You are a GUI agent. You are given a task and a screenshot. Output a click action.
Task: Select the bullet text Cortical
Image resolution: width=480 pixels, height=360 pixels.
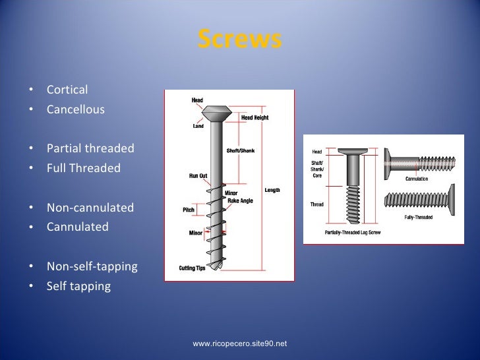click(x=67, y=90)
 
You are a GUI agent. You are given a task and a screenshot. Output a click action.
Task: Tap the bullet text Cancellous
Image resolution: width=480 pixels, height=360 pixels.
click(x=75, y=109)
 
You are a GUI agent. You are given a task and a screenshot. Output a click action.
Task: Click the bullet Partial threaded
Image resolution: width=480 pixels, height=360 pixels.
click(x=90, y=148)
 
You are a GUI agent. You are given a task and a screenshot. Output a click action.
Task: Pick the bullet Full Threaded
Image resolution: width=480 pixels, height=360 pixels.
click(x=84, y=168)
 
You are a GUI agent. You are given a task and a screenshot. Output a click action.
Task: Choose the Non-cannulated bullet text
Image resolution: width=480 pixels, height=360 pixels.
click(x=90, y=208)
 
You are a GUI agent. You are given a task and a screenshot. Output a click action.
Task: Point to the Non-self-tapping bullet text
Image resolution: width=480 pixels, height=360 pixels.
click(x=92, y=267)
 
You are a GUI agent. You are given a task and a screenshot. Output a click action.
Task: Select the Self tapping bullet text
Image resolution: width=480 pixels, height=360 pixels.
click(x=78, y=287)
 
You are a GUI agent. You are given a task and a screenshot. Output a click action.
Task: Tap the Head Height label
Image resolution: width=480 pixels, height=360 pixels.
click(x=255, y=117)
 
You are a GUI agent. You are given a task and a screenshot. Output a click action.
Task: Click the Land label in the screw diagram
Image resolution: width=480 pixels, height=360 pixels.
click(x=198, y=127)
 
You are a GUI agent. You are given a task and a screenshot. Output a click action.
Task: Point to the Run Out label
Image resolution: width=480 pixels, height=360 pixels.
click(x=198, y=176)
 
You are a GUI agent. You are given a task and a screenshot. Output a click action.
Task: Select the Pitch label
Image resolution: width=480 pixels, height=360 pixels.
click(x=188, y=210)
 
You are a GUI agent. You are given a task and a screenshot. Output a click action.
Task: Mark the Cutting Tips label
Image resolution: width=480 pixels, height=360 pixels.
click(x=192, y=268)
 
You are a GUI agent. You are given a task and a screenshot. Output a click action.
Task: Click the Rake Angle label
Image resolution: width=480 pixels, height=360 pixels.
click(x=240, y=200)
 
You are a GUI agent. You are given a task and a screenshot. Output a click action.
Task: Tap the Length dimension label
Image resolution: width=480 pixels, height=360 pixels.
click(x=272, y=191)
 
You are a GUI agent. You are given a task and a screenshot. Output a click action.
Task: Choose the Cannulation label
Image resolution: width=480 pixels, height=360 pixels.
click(x=416, y=179)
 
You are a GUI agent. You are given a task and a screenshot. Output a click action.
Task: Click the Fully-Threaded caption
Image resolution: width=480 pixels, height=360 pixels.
click(x=418, y=217)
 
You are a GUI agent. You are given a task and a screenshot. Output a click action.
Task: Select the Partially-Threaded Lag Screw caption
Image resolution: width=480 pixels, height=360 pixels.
click(x=351, y=233)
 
